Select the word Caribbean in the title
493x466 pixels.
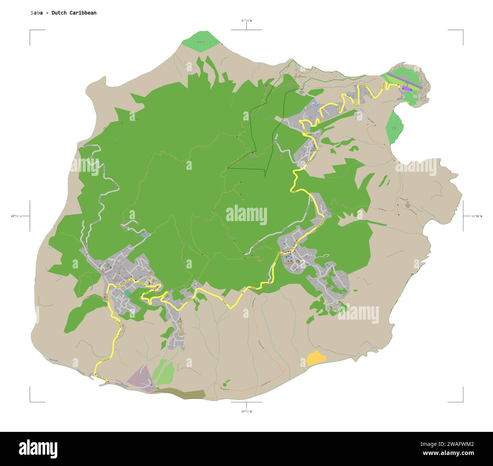[x=83, y=13]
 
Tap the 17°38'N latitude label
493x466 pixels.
[x=246, y=20]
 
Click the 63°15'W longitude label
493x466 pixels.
[x=16, y=216]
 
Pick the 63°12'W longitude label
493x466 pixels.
[x=477, y=216]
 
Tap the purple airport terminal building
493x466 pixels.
[x=406, y=88]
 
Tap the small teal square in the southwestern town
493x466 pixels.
[x=128, y=293]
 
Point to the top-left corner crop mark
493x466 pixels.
[x=30, y=30]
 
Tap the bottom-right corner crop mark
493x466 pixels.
[x=462, y=401]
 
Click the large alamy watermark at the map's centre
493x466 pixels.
[x=246, y=215]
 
